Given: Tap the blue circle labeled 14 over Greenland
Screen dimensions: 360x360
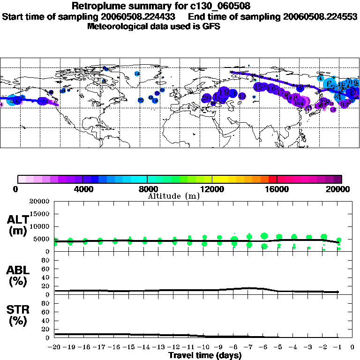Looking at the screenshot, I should pos(137,74).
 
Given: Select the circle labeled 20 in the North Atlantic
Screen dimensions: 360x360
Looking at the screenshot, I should pos(140,100).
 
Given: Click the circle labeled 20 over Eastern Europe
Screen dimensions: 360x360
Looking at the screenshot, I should pos(207,98).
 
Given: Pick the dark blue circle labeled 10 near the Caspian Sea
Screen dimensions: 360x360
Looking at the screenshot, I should pos(242,96).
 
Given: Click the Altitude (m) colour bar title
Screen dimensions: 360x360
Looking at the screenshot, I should pos(173,196).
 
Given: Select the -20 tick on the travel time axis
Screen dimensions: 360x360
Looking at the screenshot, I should pos(55,347).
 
